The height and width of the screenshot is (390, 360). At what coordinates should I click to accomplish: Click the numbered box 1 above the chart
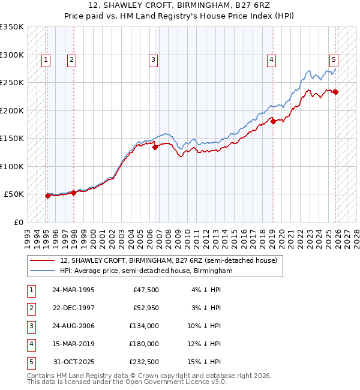coord(46,59)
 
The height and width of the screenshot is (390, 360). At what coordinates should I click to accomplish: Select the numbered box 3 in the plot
coord(154,59)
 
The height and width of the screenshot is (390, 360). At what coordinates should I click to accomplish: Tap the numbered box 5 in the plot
coord(334,59)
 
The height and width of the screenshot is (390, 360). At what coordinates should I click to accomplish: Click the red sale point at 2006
coord(155,147)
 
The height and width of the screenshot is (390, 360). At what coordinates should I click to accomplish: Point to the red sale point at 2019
coord(273,121)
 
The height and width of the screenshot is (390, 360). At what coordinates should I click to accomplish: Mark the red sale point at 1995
coord(47,196)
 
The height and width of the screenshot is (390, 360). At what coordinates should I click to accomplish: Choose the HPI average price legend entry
coord(146,271)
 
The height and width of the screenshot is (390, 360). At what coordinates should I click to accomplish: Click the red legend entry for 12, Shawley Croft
coord(168,261)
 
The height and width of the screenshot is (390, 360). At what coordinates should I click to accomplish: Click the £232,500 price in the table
coord(144,361)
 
